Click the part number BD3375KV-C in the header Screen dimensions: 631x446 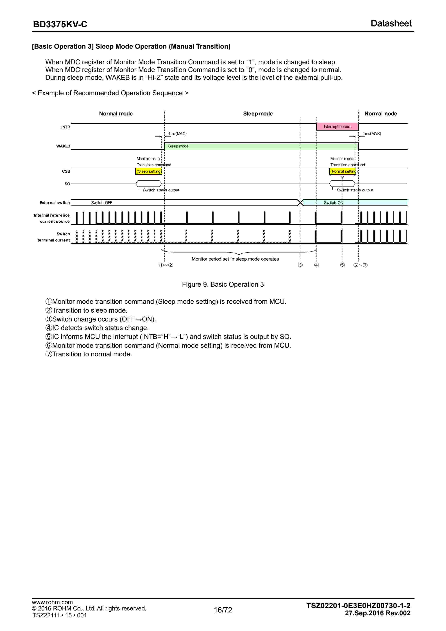pyautogui.click(x=60, y=24)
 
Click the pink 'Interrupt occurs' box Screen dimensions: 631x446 pyautogui.click(x=337, y=127)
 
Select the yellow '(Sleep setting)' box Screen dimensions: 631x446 pyautogui.click(x=149, y=171)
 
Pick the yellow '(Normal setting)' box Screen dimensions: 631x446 pyautogui.click(x=343, y=171)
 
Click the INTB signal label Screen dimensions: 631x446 pyautogui.click(x=66, y=127)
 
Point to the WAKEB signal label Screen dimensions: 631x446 pyautogui.click(x=63, y=146)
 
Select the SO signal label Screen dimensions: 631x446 pyautogui.click(x=67, y=184)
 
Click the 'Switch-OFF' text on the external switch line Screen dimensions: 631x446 pyautogui.click(x=102, y=203)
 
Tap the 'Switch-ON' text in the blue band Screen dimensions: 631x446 pyautogui.click(x=333, y=203)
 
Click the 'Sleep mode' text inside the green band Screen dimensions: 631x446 pyautogui.click(x=178, y=146)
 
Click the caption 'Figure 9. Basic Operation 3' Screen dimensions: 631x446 pyautogui.click(x=223, y=285)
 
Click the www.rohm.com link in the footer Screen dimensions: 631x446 pyautogui.click(x=52, y=602)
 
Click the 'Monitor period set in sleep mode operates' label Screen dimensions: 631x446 pyautogui.click(x=235, y=259)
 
